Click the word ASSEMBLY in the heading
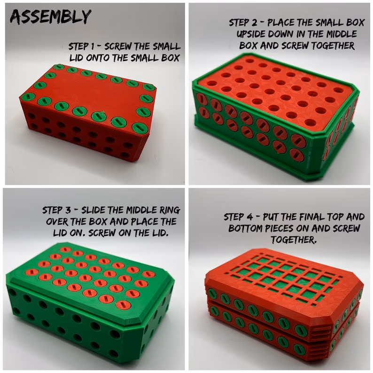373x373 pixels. pos(51,16)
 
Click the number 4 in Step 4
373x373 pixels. pos(249,217)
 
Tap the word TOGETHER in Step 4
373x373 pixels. pos(294,239)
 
